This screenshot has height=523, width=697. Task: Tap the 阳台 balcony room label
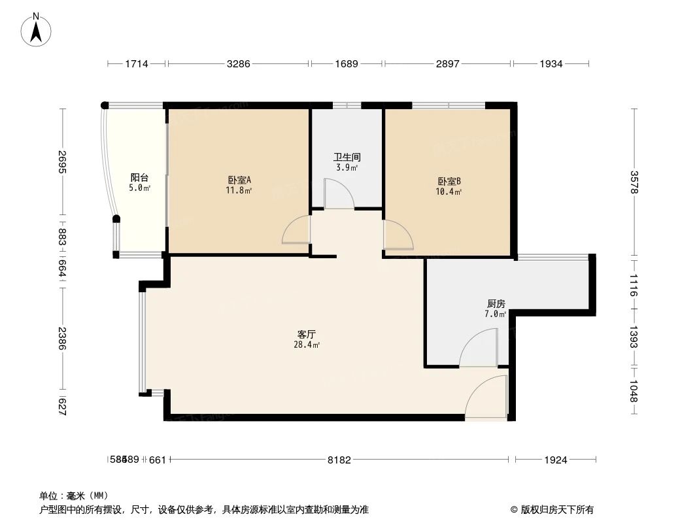click(x=139, y=178)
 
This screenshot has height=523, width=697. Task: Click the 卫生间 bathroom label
click(x=347, y=158)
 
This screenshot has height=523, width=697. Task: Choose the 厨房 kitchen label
click(x=496, y=304)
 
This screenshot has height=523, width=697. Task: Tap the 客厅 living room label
click(x=307, y=334)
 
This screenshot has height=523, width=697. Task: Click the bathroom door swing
click(x=339, y=195)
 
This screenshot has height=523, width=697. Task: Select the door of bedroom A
click(x=297, y=230)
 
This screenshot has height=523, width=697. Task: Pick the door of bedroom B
click(x=397, y=235)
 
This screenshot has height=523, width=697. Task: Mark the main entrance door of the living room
click(x=486, y=399)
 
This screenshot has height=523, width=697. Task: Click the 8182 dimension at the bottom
click(x=339, y=460)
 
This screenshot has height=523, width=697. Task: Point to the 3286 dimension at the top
click(x=239, y=63)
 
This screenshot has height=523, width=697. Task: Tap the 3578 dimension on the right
click(x=633, y=182)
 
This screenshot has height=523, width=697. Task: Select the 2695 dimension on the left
click(x=62, y=162)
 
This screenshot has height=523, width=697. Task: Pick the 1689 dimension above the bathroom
click(x=347, y=63)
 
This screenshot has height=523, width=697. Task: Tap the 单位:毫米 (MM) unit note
click(x=73, y=496)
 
